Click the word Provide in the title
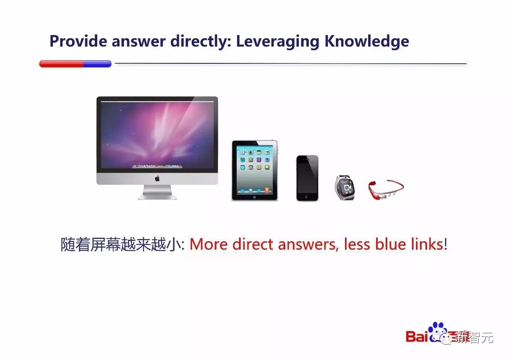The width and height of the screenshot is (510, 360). [x=78, y=41]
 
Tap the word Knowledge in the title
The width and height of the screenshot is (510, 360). [x=367, y=42]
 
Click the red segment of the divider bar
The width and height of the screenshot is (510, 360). [x=61, y=64]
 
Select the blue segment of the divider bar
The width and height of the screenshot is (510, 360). [x=97, y=64]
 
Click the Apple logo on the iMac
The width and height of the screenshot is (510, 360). [x=157, y=179]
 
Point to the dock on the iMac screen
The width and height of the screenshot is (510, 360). [x=157, y=166]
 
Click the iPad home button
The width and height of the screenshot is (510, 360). [x=255, y=197]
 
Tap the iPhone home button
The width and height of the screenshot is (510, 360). [x=307, y=197]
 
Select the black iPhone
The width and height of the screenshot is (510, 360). [x=307, y=178]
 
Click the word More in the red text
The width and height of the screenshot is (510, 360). [x=208, y=245]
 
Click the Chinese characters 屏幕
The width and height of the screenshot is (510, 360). [x=106, y=245]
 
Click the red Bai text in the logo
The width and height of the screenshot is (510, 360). [x=416, y=337]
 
